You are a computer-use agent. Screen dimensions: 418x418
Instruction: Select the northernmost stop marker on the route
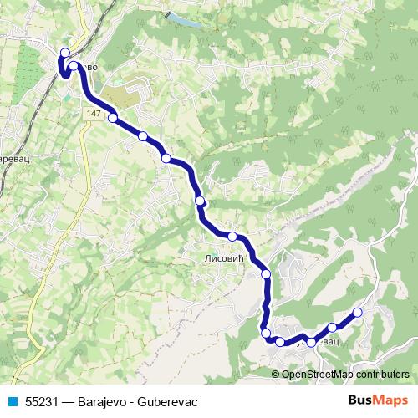coord(64,53)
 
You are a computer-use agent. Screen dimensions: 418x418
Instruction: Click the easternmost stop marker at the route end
coord(358,313)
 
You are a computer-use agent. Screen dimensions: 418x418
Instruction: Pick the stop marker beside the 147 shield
coord(113,118)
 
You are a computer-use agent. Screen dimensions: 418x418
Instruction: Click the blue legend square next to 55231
coord(12,401)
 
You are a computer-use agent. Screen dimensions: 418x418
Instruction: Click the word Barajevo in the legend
coord(106,401)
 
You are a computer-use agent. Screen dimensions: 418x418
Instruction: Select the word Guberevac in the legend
coord(167,401)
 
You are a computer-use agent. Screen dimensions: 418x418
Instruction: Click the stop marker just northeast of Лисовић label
coord(232,237)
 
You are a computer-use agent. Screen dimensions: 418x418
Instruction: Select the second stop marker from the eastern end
coord(333,327)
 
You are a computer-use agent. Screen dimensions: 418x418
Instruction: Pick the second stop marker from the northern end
coord(74,65)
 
